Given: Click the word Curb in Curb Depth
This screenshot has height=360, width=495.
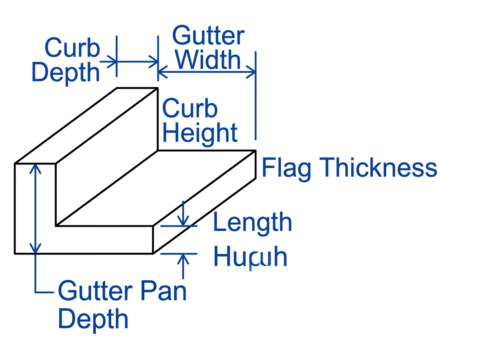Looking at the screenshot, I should (72, 48).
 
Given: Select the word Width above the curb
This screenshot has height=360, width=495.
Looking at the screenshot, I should (208, 60).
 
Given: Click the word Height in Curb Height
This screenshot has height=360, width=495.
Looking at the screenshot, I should (200, 133).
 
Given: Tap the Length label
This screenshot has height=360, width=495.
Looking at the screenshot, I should (252, 223).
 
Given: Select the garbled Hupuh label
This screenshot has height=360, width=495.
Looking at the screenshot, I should (250, 257).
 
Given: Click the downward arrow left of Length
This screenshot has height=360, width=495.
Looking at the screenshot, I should (183, 213).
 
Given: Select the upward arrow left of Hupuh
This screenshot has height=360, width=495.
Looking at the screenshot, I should (183, 265).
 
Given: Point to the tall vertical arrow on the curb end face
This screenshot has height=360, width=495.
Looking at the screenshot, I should (36, 208).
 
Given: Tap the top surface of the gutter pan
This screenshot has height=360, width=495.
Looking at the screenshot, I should (155, 188).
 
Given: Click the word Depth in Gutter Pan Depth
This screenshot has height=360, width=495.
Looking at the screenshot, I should (93, 319).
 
